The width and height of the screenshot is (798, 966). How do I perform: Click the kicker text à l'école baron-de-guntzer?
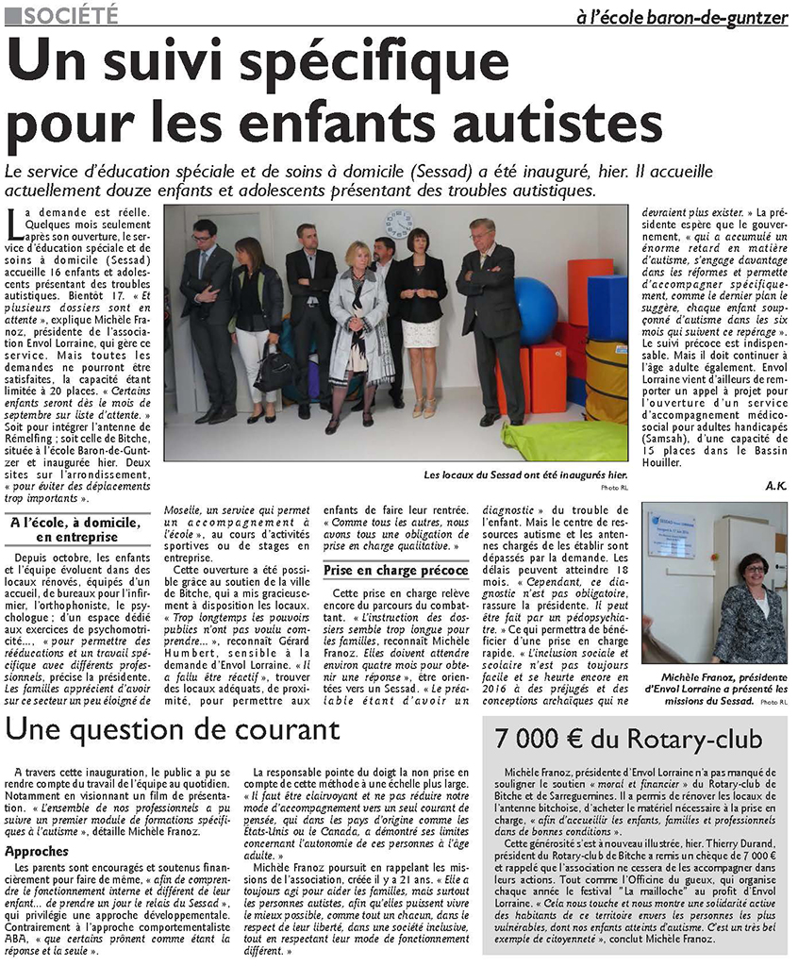pos(682,16)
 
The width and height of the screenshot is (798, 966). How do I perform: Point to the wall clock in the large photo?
pos(399,224)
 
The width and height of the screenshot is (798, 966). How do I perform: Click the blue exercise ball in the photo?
pos(536,310)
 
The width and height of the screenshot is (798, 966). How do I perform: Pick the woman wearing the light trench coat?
pos(358,321)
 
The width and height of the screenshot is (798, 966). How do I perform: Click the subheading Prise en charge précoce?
pos(395,570)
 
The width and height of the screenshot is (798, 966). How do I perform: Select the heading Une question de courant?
pos(174,729)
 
